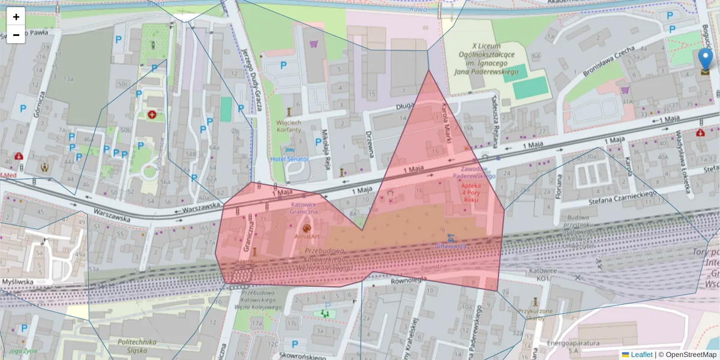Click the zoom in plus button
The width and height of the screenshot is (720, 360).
click(16, 17)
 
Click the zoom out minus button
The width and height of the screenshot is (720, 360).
click(16, 35)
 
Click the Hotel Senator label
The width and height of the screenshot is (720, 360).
click(290, 159)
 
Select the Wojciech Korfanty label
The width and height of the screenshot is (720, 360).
click(288, 125)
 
